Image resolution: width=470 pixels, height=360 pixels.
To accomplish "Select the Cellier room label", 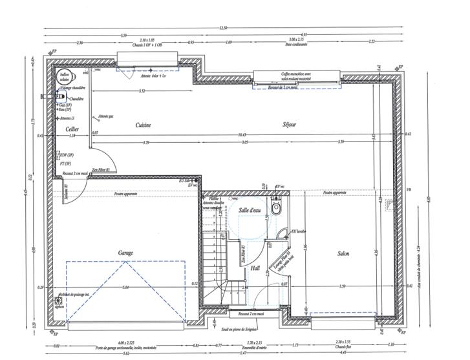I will click(x=72, y=129).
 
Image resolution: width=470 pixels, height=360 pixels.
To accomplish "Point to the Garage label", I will click(x=125, y=253).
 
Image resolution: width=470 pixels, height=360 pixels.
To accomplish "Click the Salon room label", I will click(x=343, y=254).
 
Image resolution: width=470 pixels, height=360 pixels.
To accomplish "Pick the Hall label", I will click(x=255, y=266).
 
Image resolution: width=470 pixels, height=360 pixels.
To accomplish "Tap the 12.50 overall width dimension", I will click(x=223, y=28).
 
